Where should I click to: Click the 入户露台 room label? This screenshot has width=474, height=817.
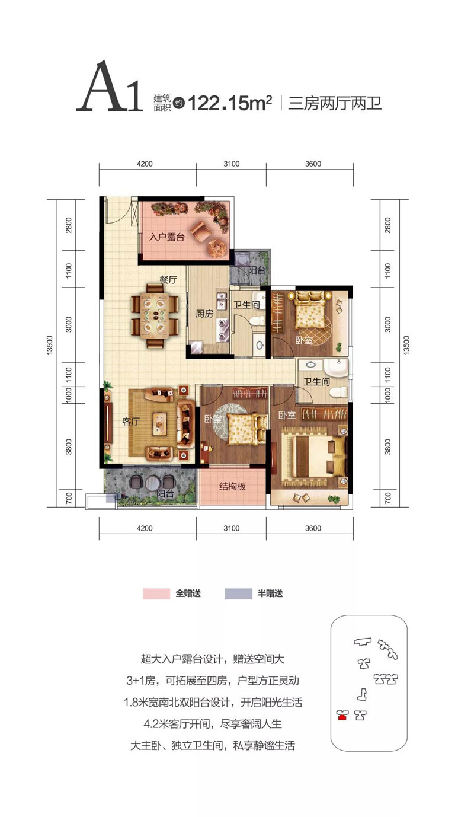(167, 237)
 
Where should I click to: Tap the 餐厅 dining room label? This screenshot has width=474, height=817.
(168, 280)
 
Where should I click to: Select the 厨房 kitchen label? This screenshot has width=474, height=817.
(204, 313)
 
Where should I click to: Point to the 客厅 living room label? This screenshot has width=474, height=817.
(131, 422)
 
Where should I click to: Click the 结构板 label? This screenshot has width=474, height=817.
(233, 486)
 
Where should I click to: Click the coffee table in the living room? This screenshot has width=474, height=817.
(159, 423)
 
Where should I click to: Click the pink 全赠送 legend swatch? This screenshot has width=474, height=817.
(156, 593)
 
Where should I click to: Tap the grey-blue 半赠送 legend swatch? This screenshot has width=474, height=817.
(238, 593)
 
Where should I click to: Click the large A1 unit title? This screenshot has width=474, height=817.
(109, 87)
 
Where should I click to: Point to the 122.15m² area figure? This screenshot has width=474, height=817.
(230, 103)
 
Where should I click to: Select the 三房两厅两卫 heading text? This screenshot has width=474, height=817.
(335, 103)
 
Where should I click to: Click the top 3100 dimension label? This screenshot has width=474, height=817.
(232, 164)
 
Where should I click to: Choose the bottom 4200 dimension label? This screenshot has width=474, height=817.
(145, 528)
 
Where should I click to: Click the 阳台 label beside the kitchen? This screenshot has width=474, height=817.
(257, 270)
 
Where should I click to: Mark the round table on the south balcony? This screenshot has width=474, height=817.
(151, 483)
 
